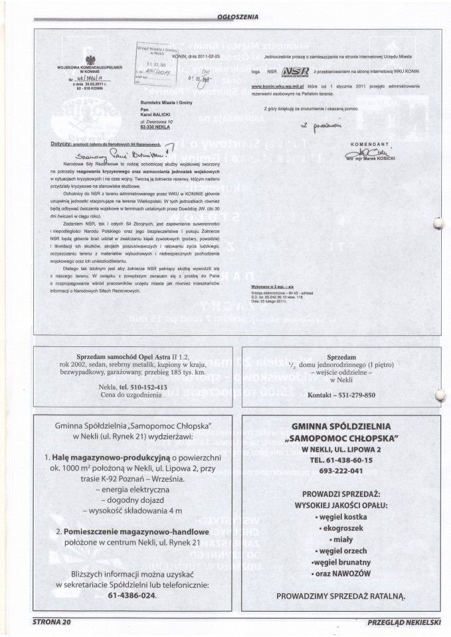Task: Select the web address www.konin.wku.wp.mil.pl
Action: tap(280, 86)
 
